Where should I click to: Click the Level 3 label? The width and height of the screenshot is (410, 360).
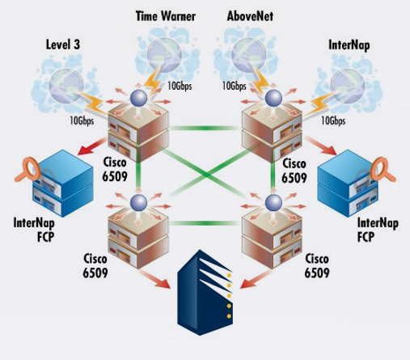point(63,44)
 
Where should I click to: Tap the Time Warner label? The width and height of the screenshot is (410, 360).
point(166,16)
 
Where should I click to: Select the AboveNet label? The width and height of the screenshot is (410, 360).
point(250,16)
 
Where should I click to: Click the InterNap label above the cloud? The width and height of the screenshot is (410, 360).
point(349,45)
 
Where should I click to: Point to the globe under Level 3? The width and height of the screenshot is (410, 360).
point(66,86)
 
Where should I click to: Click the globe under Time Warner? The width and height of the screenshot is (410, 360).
point(164,55)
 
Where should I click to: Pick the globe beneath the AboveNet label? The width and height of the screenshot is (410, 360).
point(248,55)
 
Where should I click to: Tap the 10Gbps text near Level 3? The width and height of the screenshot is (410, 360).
point(82,121)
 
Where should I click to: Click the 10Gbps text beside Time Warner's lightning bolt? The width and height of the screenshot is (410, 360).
point(180,86)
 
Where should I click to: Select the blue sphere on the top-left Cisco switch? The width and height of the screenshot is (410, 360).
point(138,98)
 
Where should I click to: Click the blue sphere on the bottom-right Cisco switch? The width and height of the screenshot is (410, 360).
point(273,203)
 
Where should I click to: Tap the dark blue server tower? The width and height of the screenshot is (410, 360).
point(205,293)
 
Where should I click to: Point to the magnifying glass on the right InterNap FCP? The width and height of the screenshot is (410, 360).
point(383,170)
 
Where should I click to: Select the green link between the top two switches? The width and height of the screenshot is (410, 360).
point(205,128)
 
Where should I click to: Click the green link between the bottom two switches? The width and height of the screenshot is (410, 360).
point(205,223)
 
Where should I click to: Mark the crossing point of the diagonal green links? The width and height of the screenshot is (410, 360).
point(206,175)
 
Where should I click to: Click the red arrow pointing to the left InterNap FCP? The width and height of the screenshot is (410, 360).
point(92,146)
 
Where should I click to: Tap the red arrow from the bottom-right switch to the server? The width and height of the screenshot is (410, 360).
point(256,279)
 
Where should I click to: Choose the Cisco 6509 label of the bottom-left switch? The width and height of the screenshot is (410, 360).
point(95,265)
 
